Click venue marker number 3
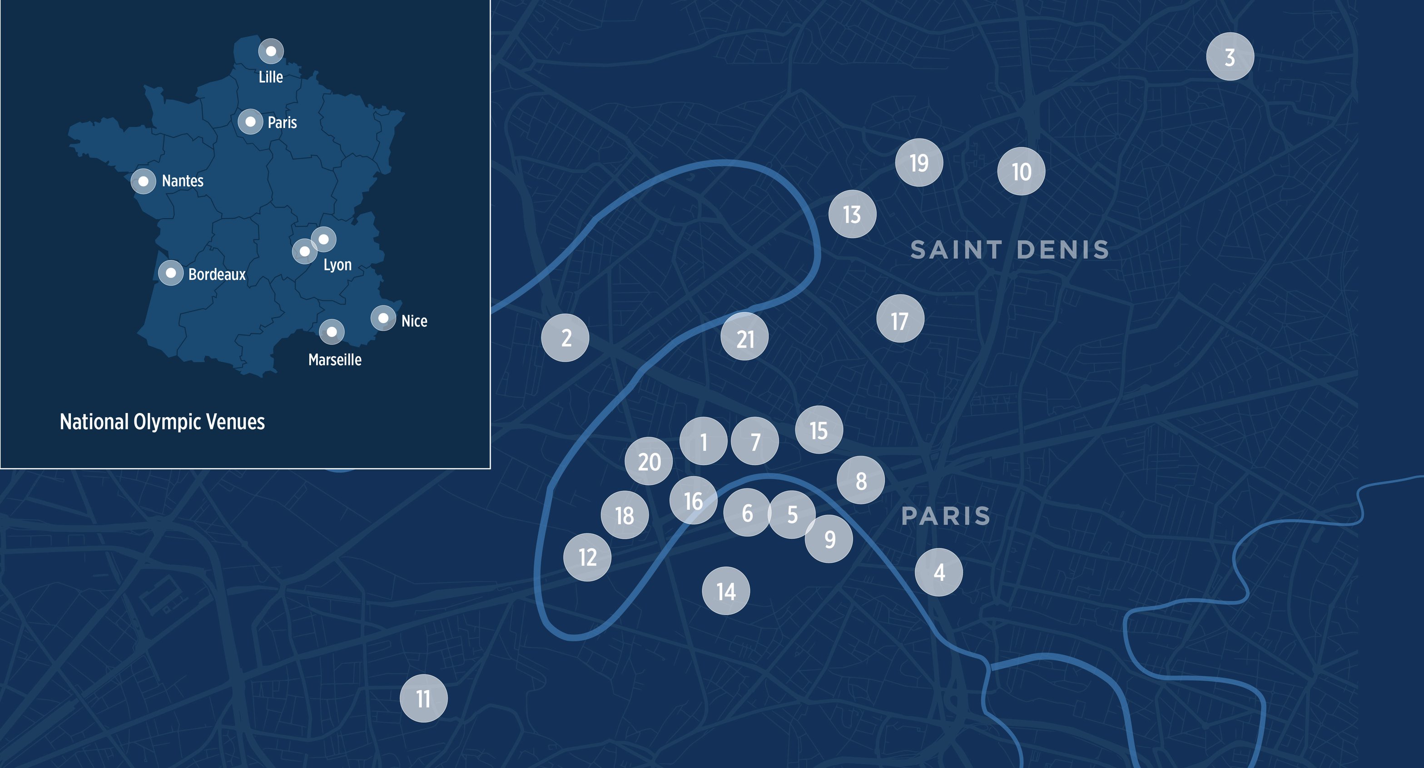coord(1230,57)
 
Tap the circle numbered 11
coord(423,699)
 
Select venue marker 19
coord(919,162)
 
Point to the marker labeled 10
coord(1021,171)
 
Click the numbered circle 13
coord(852,214)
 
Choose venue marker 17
coord(900,319)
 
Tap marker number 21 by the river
coord(744,337)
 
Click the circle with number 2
coord(565,338)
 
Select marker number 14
coord(726,591)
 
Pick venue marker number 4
coord(938,572)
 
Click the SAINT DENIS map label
coord(1009,250)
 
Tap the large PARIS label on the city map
coord(945,516)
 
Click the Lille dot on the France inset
coord(271,51)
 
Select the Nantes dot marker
coord(143,181)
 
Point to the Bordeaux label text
coord(217,275)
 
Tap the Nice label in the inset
coord(414,321)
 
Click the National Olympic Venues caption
coord(162,422)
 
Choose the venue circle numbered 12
coord(587,557)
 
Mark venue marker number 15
coord(819,430)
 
